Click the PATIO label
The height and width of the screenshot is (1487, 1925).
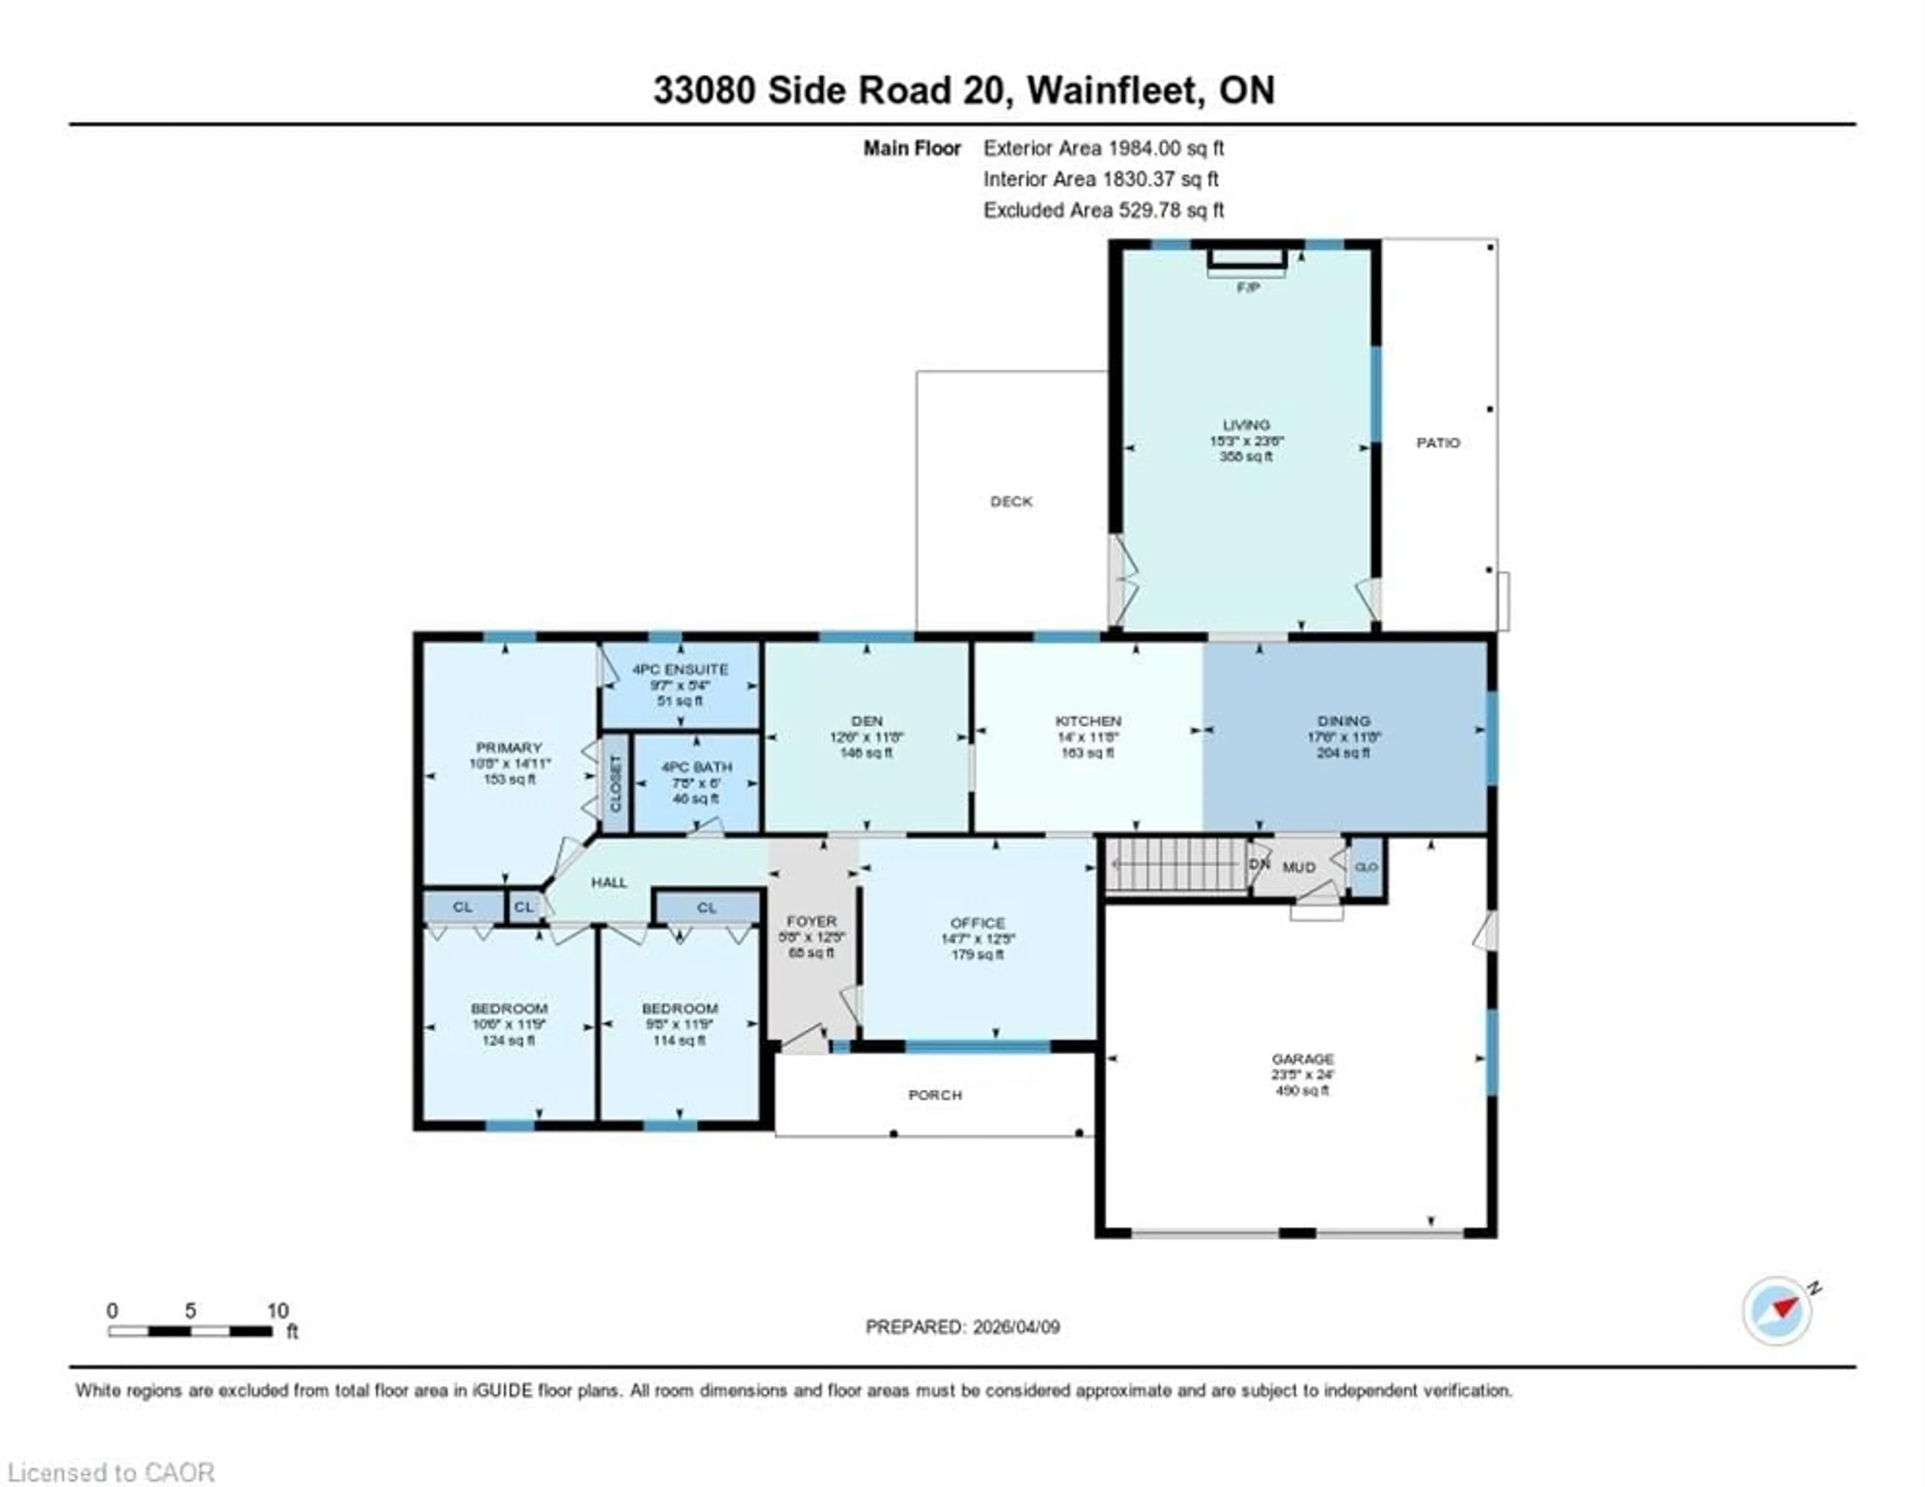1438,443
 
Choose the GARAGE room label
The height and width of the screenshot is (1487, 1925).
1302,1058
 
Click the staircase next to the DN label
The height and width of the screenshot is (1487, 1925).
1175,865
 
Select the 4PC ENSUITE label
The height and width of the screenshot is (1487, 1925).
680,669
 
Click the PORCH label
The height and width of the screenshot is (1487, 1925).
934,1095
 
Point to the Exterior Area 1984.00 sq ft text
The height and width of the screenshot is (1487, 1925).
1103,148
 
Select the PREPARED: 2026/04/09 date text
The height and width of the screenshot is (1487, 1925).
963,1327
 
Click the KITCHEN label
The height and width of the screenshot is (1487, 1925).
1088,720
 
